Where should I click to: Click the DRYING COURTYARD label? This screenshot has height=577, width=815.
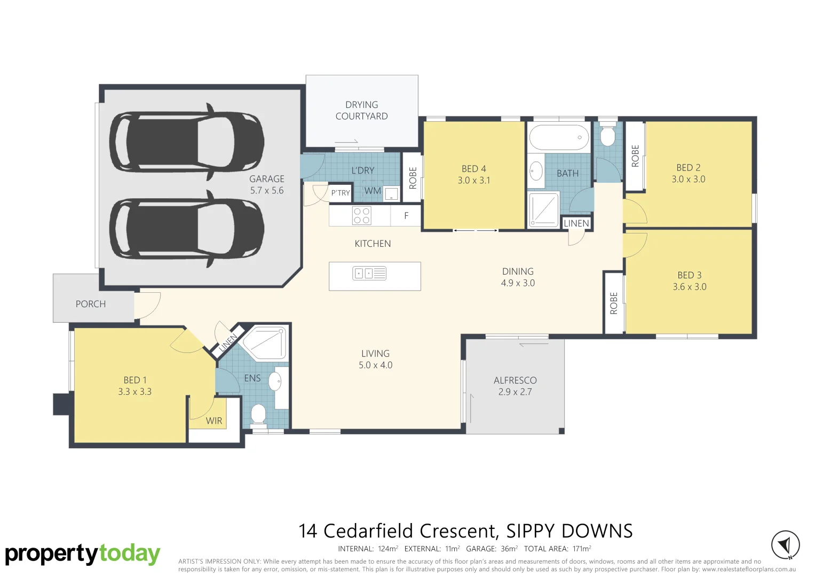(361, 111)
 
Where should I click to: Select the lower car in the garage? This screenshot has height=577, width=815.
(187, 229)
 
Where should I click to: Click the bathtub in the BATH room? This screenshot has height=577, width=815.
(559, 137)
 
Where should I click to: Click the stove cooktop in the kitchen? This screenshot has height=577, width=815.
(361, 216)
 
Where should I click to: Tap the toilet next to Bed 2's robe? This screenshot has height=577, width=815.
(607, 136)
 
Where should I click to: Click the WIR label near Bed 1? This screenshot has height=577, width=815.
(214, 421)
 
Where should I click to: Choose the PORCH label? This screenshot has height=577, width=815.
(91, 304)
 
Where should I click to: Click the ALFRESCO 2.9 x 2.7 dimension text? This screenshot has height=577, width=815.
(515, 392)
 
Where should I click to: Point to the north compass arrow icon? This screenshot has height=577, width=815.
(785, 545)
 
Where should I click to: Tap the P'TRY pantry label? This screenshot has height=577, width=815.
(341, 193)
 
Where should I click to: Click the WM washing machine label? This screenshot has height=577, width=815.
(373, 191)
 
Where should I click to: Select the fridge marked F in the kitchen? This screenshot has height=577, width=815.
(406, 216)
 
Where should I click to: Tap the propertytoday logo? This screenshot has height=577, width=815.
(83, 554)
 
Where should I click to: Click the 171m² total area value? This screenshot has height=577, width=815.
(581, 549)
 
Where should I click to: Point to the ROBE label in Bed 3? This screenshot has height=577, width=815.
(614, 303)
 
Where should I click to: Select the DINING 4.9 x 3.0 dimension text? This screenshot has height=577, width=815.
(518, 283)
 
